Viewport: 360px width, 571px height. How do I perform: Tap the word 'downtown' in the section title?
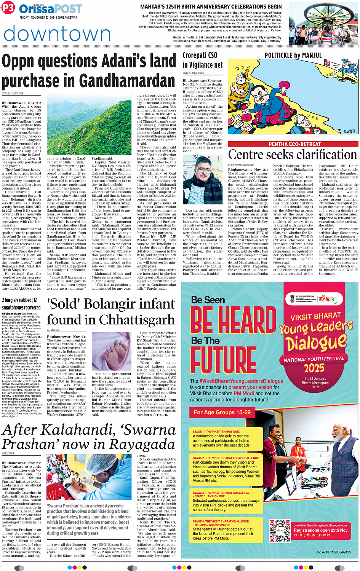point(57,34)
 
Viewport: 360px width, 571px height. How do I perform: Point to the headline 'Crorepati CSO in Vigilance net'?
point(202,60)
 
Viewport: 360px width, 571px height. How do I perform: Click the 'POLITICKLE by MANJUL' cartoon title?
point(293,56)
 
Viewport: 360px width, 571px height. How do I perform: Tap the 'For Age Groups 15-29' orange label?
point(222,412)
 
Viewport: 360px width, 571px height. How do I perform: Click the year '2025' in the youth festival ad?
point(314,368)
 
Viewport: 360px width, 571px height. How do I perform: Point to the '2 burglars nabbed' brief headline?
point(21,303)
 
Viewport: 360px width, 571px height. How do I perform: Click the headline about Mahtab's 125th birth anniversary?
point(211,7)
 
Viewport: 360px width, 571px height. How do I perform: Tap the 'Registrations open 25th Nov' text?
point(320,530)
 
